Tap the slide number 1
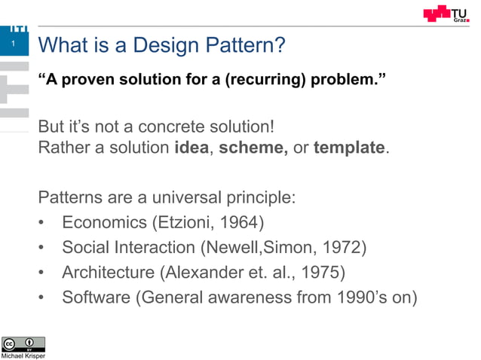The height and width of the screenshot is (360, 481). coord(13,46)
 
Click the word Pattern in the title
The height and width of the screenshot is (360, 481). coord(245,47)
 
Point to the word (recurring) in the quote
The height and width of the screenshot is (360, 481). coord(264,79)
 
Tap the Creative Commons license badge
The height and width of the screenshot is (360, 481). coord(23,344)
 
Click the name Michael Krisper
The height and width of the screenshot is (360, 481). coord(23,356)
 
